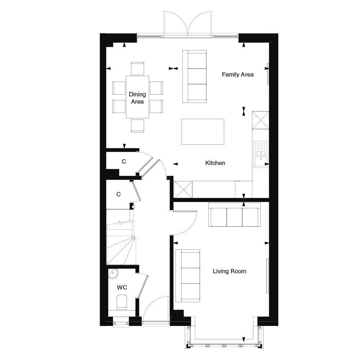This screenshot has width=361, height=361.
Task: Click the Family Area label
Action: coord(238,75)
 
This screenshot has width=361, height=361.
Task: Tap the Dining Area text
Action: coord(137,98)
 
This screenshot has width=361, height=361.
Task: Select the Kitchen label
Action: coord(215,163)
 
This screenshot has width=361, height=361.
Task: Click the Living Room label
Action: coord(230,271)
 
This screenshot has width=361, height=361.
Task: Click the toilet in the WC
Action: coord(121,301)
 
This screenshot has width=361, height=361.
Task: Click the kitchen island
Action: coord(203,131)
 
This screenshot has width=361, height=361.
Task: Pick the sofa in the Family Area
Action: coord(194,77)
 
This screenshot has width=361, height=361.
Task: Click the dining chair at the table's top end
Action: coord(138,68)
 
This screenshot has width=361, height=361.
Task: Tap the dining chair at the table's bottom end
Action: coord(138,125)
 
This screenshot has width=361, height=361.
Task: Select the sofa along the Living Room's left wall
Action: coord(188,275)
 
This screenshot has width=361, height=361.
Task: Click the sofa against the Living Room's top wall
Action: coord(234,215)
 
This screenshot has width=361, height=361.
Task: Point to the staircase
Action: coord(121,243)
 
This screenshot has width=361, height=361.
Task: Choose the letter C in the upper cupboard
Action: coord(123,162)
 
